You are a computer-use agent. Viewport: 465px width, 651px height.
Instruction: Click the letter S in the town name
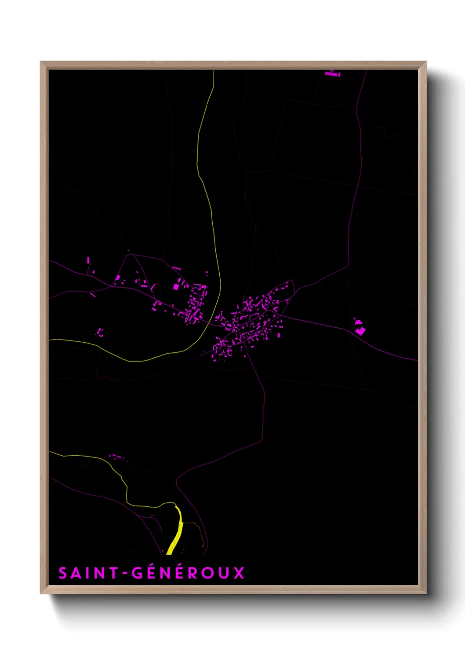coord(63,573)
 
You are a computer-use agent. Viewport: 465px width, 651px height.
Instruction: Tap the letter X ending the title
coord(239,573)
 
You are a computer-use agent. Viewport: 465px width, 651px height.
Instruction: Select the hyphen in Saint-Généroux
coord(125,574)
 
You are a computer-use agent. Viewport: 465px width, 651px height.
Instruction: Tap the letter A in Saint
coord(76,573)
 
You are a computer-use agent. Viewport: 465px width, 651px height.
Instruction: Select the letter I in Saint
coord(88,573)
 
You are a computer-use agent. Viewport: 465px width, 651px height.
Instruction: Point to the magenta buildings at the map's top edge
coord(332,74)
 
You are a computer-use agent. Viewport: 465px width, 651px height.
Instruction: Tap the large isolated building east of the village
coord(360,330)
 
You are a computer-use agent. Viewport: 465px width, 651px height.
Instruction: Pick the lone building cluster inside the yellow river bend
coord(100,332)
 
